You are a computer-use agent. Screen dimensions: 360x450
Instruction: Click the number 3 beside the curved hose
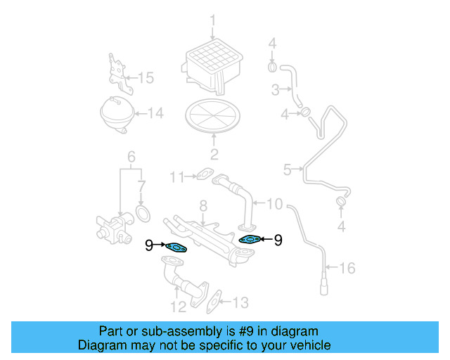(x=276, y=89)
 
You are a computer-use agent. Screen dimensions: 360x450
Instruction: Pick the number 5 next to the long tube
(x=287, y=169)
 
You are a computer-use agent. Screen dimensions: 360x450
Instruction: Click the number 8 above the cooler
(x=202, y=205)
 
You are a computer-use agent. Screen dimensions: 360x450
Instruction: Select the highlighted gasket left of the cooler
(x=176, y=246)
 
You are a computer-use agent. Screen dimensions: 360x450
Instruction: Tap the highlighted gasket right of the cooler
(x=250, y=240)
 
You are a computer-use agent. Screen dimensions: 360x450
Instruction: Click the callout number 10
(x=274, y=204)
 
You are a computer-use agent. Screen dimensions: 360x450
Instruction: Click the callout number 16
(x=348, y=268)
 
